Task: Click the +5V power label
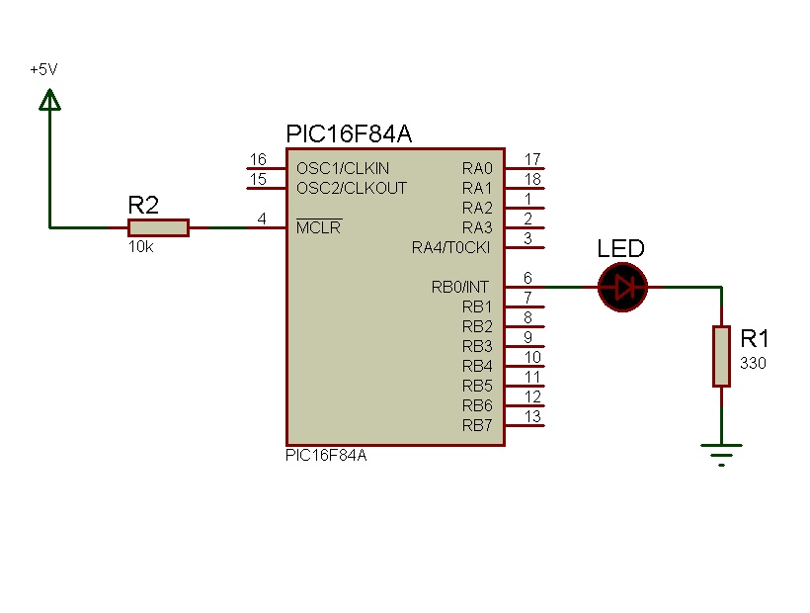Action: tap(43, 70)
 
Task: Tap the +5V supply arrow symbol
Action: tap(49, 99)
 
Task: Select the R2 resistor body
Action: tap(158, 227)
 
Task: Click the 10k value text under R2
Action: tap(140, 246)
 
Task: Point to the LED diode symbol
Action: tap(622, 287)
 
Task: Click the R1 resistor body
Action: tap(722, 357)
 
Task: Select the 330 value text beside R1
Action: tap(752, 364)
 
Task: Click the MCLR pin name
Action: tap(319, 227)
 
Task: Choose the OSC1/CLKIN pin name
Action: tap(343, 168)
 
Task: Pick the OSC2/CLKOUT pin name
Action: tap(351, 188)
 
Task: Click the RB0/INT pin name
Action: tap(461, 287)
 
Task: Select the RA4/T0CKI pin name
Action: tap(451, 247)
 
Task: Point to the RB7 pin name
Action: tap(477, 425)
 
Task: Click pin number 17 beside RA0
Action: tap(532, 159)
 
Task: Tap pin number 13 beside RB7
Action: tap(532, 416)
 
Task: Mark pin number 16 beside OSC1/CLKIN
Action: tap(258, 159)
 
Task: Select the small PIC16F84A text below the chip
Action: tap(326, 455)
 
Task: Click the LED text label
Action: tap(621, 249)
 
